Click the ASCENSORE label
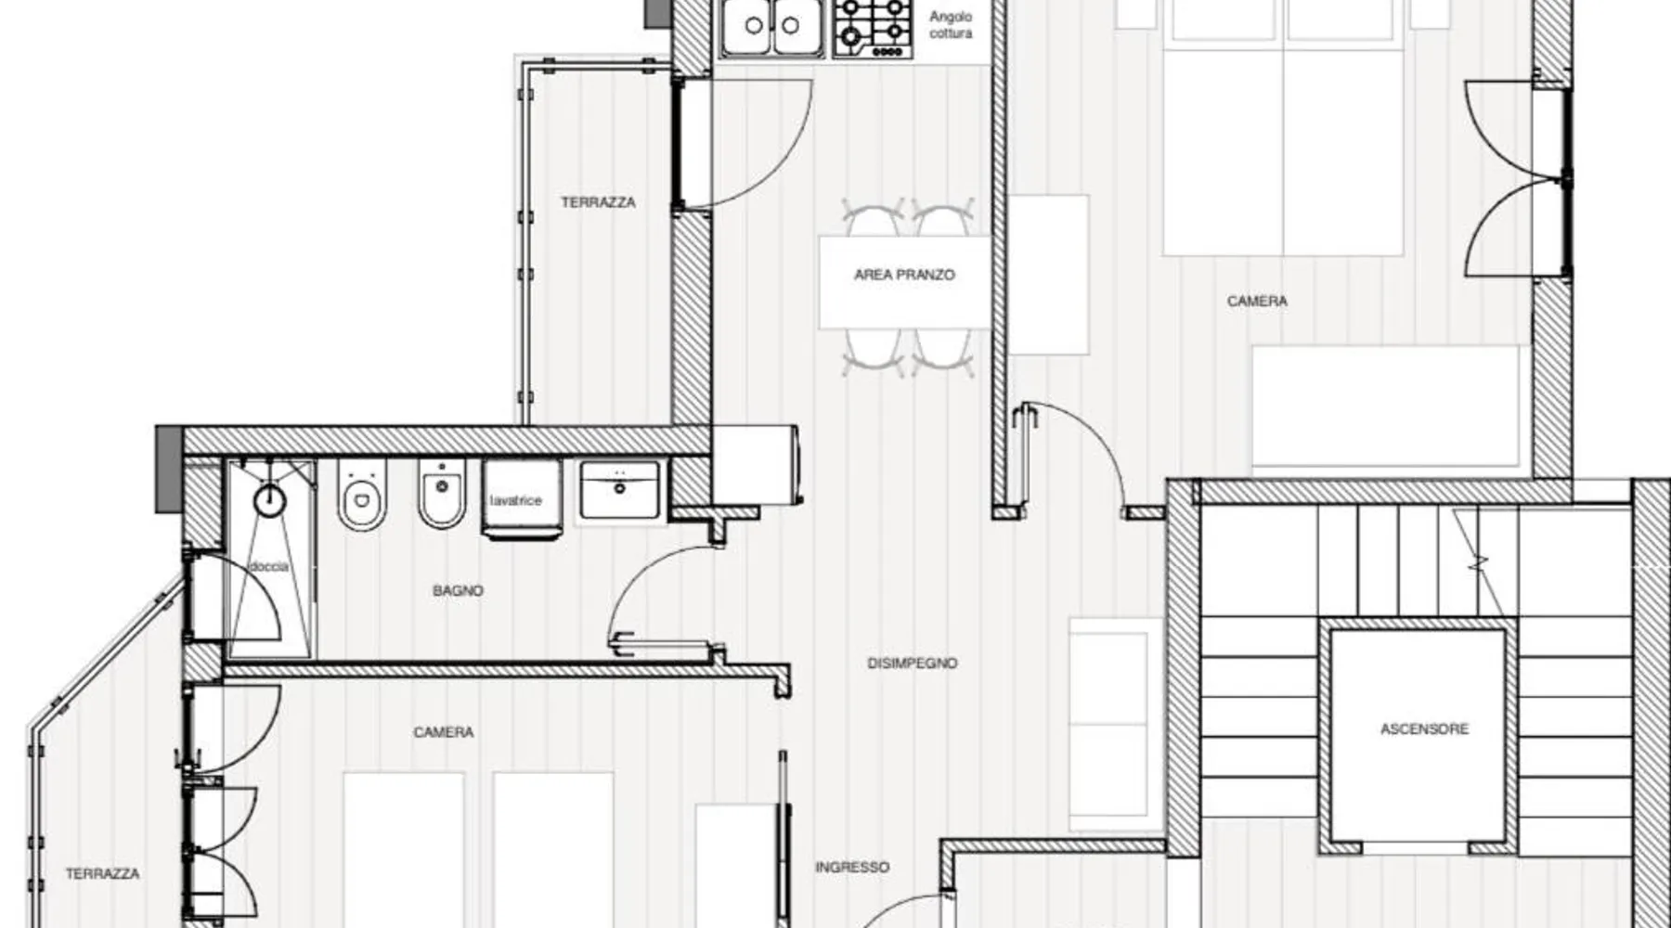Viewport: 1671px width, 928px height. pos(1424,729)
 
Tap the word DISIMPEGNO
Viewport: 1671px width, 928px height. pos(912,664)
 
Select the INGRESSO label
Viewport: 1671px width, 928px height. pos(852,867)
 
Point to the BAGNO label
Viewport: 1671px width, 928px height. pos(458,590)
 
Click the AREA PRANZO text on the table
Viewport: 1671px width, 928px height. pos(904,275)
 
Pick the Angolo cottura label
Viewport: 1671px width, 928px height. pos(951,25)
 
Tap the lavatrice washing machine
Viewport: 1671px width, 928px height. pos(522,499)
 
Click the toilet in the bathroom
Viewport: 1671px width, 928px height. pos(361,494)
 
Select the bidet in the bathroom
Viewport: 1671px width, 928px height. pos(442,493)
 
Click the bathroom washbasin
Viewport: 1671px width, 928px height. pos(619,489)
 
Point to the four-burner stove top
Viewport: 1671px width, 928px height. pos(873,28)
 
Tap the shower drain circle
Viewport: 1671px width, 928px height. pos(270,501)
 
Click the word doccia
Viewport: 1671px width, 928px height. pos(269,566)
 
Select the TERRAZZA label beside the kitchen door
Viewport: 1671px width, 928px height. pos(598,202)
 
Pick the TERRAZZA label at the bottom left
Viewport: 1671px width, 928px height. pos(102,874)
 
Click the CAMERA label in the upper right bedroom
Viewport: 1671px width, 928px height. pos(1257,302)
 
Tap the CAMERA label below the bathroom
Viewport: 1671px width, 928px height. pos(444,732)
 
